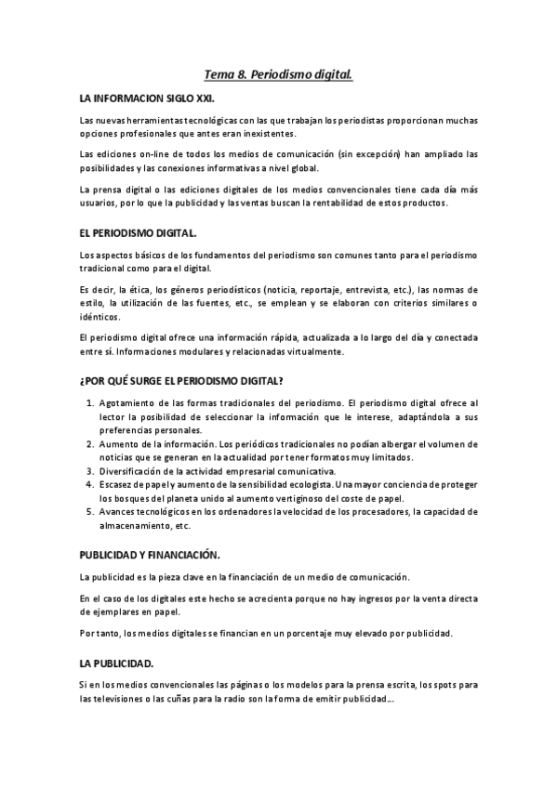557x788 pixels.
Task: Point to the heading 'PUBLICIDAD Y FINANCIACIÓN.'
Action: (x=149, y=555)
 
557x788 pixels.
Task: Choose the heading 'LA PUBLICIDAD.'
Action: (x=116, y=663)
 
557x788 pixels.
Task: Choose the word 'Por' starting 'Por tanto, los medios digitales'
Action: (x=87, y=633)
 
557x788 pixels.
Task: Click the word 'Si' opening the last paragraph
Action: (x=84, y=685)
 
